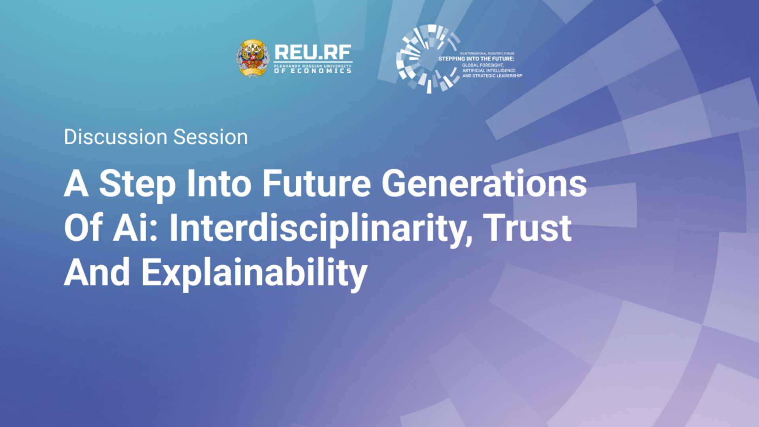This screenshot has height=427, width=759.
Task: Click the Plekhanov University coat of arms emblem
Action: coord(253,58)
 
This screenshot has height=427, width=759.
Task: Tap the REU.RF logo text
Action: coord(312,52)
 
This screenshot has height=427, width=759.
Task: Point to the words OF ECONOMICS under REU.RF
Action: coord(312,71)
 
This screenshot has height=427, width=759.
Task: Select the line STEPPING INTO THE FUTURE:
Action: coord(476,59)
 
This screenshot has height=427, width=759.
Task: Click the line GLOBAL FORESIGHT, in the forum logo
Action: coord(483,65)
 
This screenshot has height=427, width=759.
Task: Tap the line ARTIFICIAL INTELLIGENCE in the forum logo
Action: coord(489,70)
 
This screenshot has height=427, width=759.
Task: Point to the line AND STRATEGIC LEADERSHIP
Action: coord(492,76)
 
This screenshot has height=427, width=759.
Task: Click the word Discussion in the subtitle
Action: coord(116,137)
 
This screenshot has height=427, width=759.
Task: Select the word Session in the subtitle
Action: coord(210,137)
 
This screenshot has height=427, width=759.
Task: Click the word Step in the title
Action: coord(137,184)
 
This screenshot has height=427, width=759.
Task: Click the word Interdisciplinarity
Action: coord(320,229)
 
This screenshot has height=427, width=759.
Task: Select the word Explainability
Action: coord(254,273)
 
